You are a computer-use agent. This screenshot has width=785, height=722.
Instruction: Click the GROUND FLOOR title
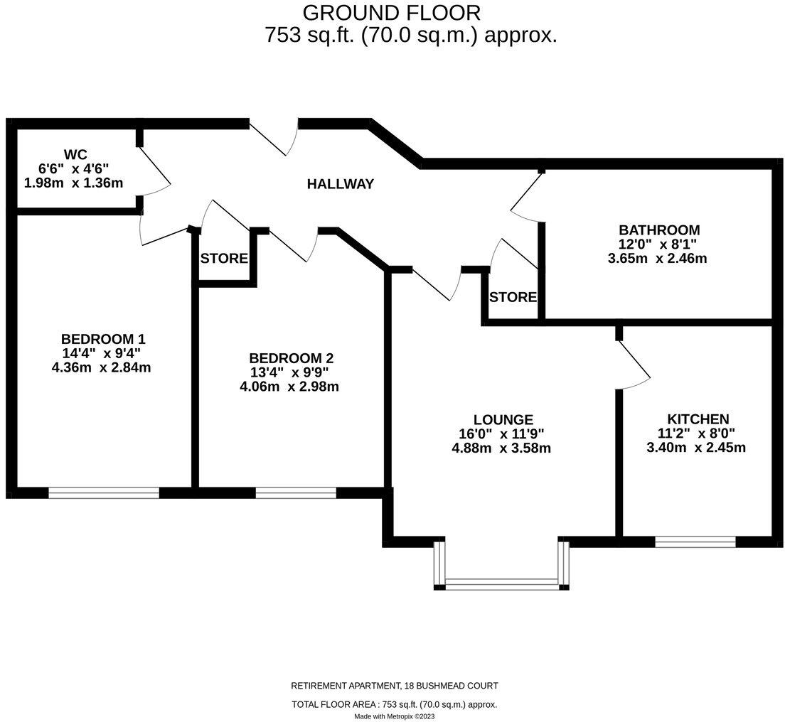[x=391, y=13]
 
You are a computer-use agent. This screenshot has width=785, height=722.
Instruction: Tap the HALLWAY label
[x=340, y=185]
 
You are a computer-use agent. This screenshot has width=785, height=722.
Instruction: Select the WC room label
[x=75, y=154]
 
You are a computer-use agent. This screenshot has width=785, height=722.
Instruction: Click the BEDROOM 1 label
[x=103, y=338]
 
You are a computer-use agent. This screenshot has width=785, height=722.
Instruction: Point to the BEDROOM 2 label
[x=291, y=358]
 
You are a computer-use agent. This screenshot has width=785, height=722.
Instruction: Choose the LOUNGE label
[x=503, y=419]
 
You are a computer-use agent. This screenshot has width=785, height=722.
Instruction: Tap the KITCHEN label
[x=698, y=419]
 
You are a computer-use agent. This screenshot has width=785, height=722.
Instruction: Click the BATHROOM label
[x=659, y=230]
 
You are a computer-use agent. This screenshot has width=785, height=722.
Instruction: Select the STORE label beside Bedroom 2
[x=224, y=259]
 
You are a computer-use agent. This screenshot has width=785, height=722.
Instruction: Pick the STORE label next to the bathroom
[x=513, y=297]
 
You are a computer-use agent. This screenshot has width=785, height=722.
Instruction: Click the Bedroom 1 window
[x=104, y=492]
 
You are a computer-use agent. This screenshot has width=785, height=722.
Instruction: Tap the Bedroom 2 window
[x=296, y=492]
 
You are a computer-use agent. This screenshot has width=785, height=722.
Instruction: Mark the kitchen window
[x=695, y=541]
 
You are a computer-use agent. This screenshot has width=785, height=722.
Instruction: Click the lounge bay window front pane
[x=501, y=585]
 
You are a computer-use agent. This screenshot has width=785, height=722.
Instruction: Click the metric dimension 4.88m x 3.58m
[x=501, y=448]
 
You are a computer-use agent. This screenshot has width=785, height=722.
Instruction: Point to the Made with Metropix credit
[x=394, y=716]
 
